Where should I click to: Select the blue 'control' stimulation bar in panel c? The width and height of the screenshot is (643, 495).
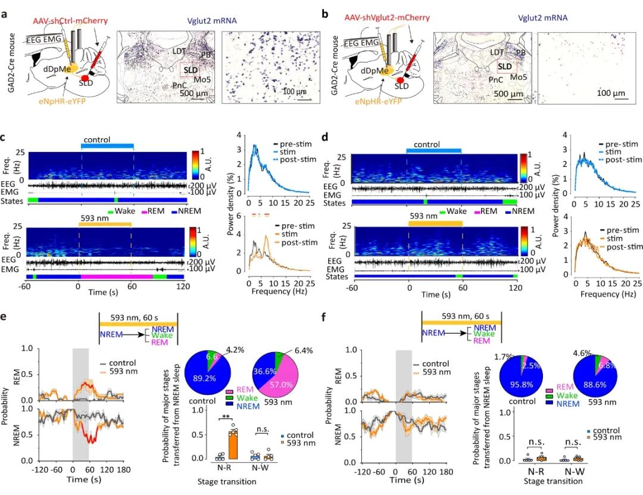coord(107,146)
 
